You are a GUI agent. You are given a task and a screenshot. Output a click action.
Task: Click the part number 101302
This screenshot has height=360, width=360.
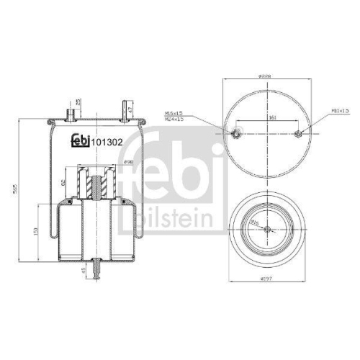pos(107,142)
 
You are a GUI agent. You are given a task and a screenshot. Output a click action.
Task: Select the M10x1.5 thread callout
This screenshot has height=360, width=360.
pos(320,112)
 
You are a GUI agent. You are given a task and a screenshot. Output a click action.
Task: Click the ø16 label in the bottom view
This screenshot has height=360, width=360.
pos(254,224)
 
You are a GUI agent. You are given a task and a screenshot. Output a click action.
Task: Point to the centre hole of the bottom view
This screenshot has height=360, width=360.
pos(268,230)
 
